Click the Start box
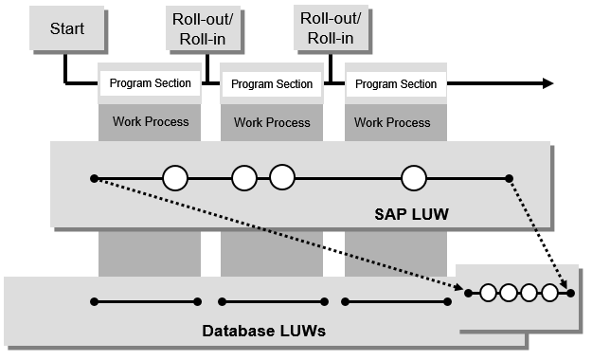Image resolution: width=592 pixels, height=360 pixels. pyautogui.click(x=65, y=28)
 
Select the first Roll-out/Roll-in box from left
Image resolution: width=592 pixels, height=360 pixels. pyautogui.click(x=205, y=28)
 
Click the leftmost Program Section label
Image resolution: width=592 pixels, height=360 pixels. pyautogui.click(x=150, y=83)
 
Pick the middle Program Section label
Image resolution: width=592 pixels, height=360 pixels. pyautogui.click(x=272, y=84)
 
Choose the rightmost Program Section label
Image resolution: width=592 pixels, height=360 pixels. pyautogui.click(x=396, y=84)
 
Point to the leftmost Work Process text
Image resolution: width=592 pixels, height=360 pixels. pyautogui.click(x=150, y=122)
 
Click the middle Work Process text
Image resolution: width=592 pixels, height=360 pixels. pyautogui.click(x=272, y=122)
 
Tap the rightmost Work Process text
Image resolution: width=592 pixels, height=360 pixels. pyautogui.click(x=392, y=122)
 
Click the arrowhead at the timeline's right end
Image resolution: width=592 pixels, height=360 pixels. pyautogui.click(x=547, y=83)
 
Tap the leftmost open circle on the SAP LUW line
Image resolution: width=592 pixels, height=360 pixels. pyautogui.click(x=174, y=178)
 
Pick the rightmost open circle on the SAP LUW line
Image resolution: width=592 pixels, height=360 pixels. pyautogui.click(x=414, y=178)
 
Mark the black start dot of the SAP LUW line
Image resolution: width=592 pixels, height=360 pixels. pyautogui.click(x=93, y=178)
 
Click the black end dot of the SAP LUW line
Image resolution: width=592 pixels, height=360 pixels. pyautogui.click(x=509, y=178)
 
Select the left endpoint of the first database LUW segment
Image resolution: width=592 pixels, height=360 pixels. pyautogui.click(x=93, y=302)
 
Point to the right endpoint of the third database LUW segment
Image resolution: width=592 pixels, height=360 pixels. pyautogui.click(x=446, y=302)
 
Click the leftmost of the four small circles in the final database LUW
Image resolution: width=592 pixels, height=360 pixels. pyautogui.click(x=489, y=293)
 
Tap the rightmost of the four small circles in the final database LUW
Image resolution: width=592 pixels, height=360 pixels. pyautogui.click(x=547, y=293)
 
